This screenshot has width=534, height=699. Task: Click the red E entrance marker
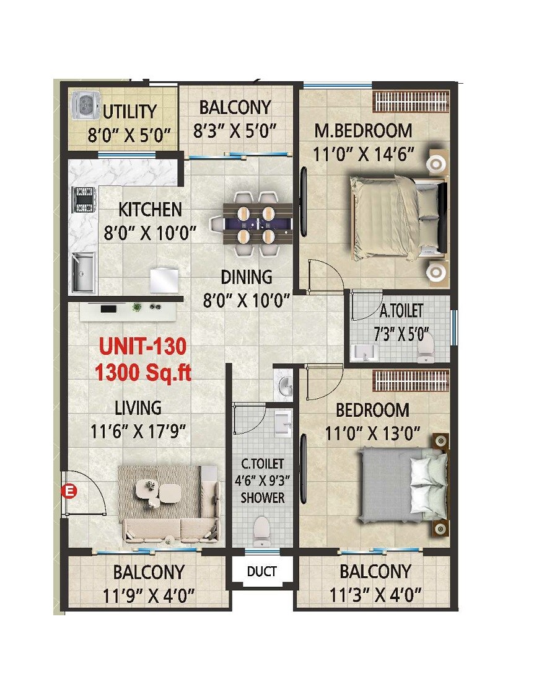click(71, 492)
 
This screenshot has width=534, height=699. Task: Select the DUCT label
click(261, 571)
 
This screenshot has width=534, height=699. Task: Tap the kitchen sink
click(84, 272)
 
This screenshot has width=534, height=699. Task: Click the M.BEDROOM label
click(363, 131)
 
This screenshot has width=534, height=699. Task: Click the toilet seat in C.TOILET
click(263, 530)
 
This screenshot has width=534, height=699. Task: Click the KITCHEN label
click(150, 210)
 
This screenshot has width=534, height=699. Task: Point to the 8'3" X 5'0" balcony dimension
click(234, 131)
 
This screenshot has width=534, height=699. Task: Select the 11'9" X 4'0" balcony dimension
click(148, 595)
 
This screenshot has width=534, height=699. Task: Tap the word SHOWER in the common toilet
click(263, 497)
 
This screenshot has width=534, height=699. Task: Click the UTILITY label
click(129, 112)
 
